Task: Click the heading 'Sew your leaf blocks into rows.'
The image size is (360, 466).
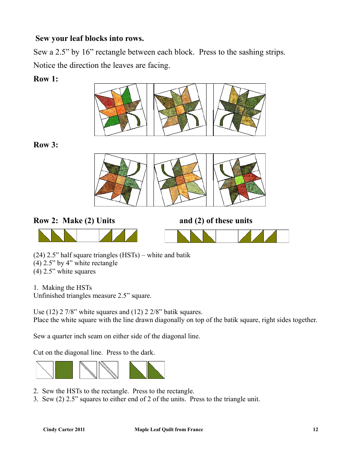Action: [x=89, y=39]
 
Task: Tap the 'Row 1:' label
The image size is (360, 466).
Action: [x=46, y=79]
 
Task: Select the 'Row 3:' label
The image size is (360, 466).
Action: [x=46, y=145]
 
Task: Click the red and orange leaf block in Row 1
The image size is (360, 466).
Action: [x=121, y=110]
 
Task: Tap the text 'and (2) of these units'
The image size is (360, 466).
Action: [x=216, y=220]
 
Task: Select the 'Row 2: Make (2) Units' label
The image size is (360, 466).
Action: [x=74, y=220]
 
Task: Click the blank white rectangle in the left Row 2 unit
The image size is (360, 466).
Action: [x=88, y=236]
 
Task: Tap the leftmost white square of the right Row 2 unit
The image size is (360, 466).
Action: [x=171, y=236]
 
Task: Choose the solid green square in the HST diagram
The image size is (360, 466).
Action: [x=64, y=370]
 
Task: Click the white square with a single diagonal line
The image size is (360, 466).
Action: [x=45, y=370]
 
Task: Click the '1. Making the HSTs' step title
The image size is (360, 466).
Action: [x=63, y=288]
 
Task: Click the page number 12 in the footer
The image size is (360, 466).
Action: [x=315, y=430]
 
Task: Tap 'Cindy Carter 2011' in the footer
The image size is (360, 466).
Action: [x=64, y=430]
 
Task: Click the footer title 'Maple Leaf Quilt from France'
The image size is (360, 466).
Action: [x=169, y=430]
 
